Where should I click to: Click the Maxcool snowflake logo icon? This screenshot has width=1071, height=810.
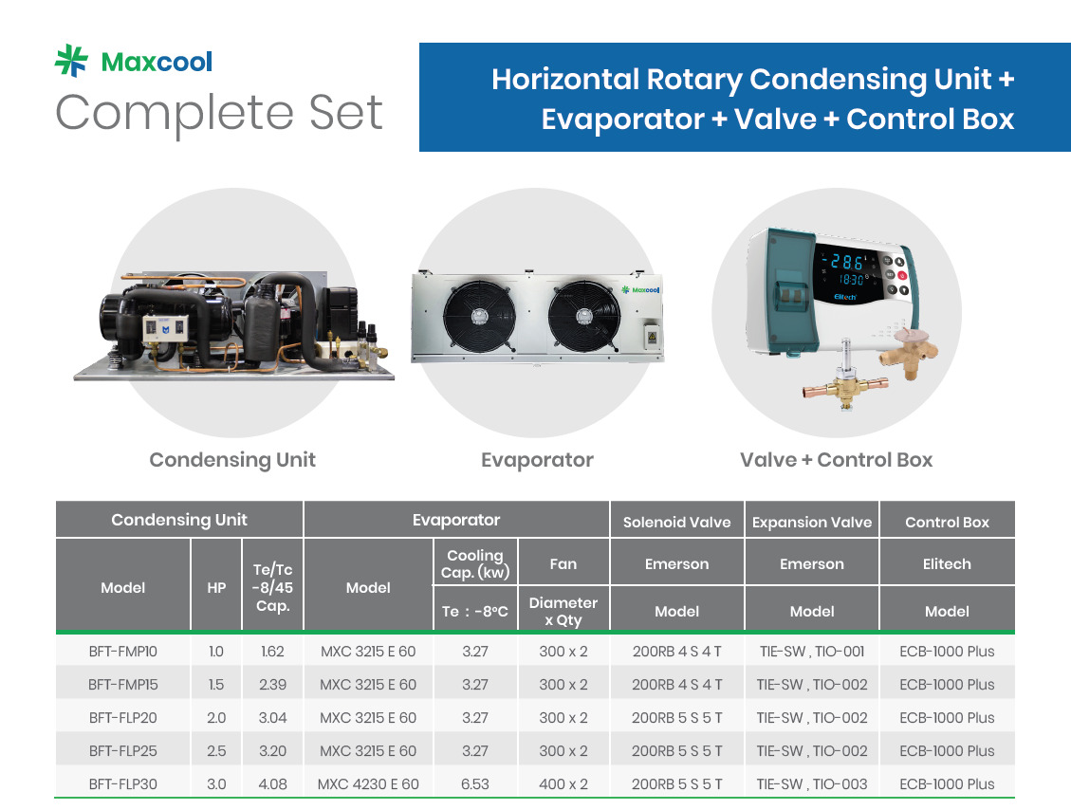point(71,61)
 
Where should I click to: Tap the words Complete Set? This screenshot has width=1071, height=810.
point(218,113)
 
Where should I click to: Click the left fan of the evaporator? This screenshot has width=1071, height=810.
point(479,316)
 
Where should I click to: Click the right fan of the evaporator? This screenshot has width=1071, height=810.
point(584,317)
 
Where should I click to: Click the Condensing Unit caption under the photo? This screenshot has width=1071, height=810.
point(232,460)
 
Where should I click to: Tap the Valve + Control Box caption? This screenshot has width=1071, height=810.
point(836,460)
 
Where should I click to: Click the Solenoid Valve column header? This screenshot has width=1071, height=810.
point(677,523)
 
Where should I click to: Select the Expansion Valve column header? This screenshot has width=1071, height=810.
point(812,523)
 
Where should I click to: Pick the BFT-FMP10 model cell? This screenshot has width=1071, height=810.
point(123,652)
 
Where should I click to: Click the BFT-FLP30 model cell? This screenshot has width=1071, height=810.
point(123,784)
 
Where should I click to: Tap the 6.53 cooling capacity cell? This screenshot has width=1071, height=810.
point(475,784)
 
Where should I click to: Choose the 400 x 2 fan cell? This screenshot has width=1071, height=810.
point(563,784)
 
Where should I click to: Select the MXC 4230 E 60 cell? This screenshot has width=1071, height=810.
point(368,784)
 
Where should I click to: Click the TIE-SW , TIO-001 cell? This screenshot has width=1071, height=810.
point(812,652)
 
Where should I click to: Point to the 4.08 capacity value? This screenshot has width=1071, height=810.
point(272,784)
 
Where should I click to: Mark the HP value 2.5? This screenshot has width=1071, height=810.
point(216,751)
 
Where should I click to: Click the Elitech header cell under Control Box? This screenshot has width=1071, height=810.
point(947,564)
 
